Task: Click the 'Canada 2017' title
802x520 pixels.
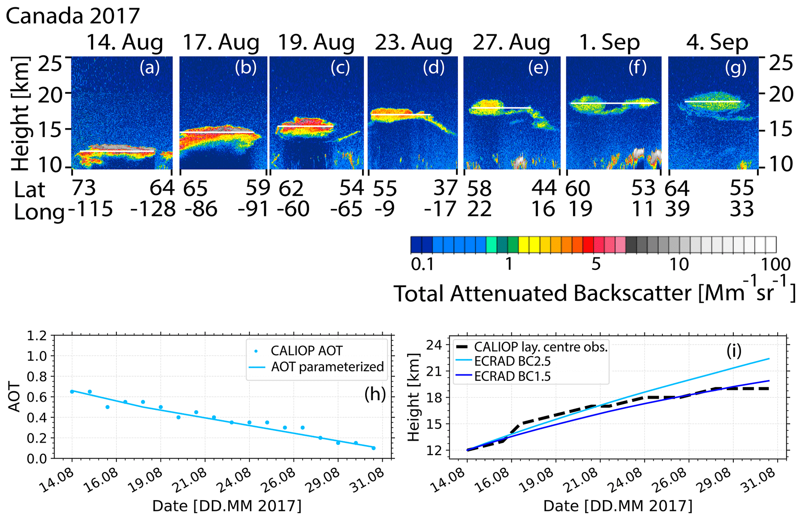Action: pyautogui.click(x=73, y=16)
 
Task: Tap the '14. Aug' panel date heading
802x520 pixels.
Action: pyautogui.click(x=124, y=43)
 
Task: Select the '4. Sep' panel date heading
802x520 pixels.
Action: pyautogui.click(x=717, y=43)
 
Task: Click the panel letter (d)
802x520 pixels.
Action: pyautogui.click(x=433, y=68)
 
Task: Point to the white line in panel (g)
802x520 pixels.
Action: pyautogui.click(x=712, y=102)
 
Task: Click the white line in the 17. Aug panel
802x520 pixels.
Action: pyautogui.click(x=217, y=133)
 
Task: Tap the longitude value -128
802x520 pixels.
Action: pyautogui.click(x=153, y=209)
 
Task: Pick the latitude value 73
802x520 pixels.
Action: pyautogui.click(x=84, y=188)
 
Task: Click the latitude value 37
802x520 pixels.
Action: pyautogui.click(x=445, y=188)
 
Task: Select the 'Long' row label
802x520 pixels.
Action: pyautogui.click(x=39, y=212)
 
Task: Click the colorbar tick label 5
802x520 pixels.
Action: pyautogui.click(x=596, y=264)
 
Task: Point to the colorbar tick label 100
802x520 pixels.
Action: pyautogui.click(x=775, y=264)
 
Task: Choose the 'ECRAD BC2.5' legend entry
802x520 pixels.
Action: pyautogui.click(x=512, y=361)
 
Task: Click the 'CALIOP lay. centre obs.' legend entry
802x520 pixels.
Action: pyautogui.click(x=540, y=347)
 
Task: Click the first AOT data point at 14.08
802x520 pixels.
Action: pyautogui.click(x=72, y=392)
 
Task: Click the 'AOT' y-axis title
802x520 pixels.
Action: pyautogui.click(x=15, y=397)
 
